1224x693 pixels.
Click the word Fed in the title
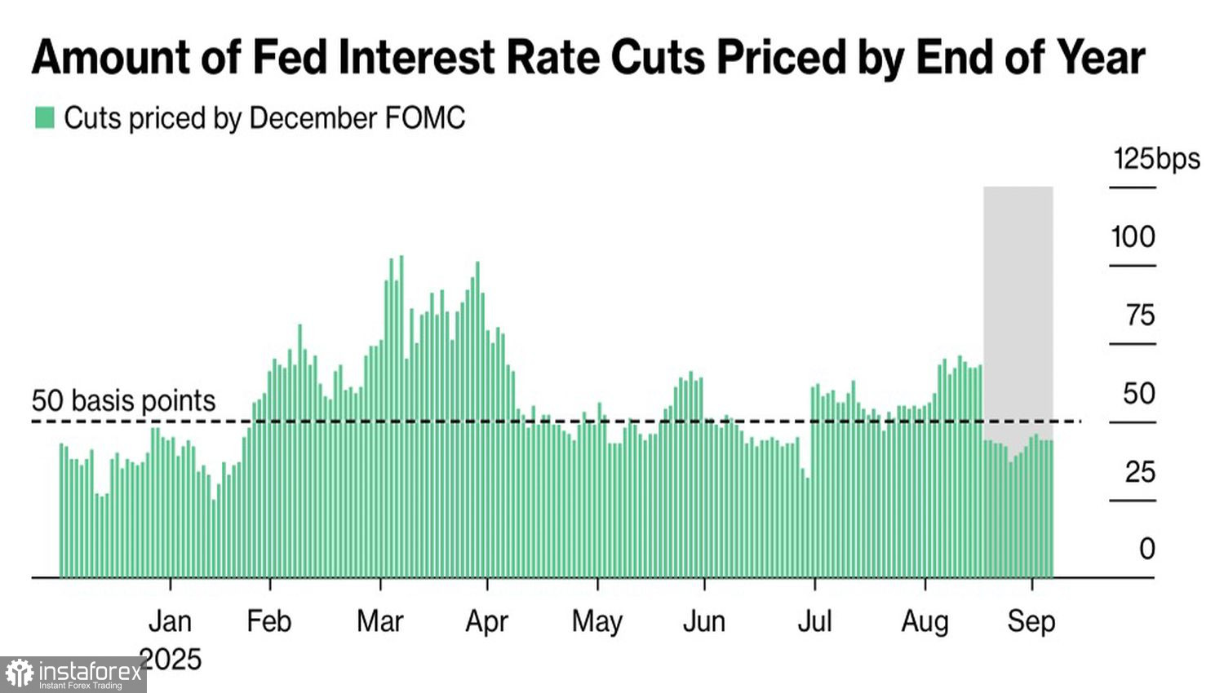pos(289,57)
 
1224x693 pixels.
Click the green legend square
pos(44,118)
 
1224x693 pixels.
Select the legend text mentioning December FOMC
pos(264,119)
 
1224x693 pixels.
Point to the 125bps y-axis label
pos(1156,158)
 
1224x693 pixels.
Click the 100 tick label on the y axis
pos(1133,237)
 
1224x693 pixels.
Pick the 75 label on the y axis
pos(1140,316)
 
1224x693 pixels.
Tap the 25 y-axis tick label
pos(1140,472)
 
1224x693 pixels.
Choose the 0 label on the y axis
pos(1146,550)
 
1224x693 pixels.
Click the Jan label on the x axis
pos(170,621)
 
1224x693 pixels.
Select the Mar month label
pos(380,621)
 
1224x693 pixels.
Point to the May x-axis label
pos(597,621)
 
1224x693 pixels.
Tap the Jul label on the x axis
pos(814,621)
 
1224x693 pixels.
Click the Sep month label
pos(1031,621)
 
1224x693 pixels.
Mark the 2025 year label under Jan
pos(170,659)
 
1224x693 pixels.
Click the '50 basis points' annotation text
pos(124,401)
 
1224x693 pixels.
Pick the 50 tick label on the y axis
pos(1139,394)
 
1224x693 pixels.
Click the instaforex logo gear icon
pos(20,674)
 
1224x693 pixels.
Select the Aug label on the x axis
pos(925,621)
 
